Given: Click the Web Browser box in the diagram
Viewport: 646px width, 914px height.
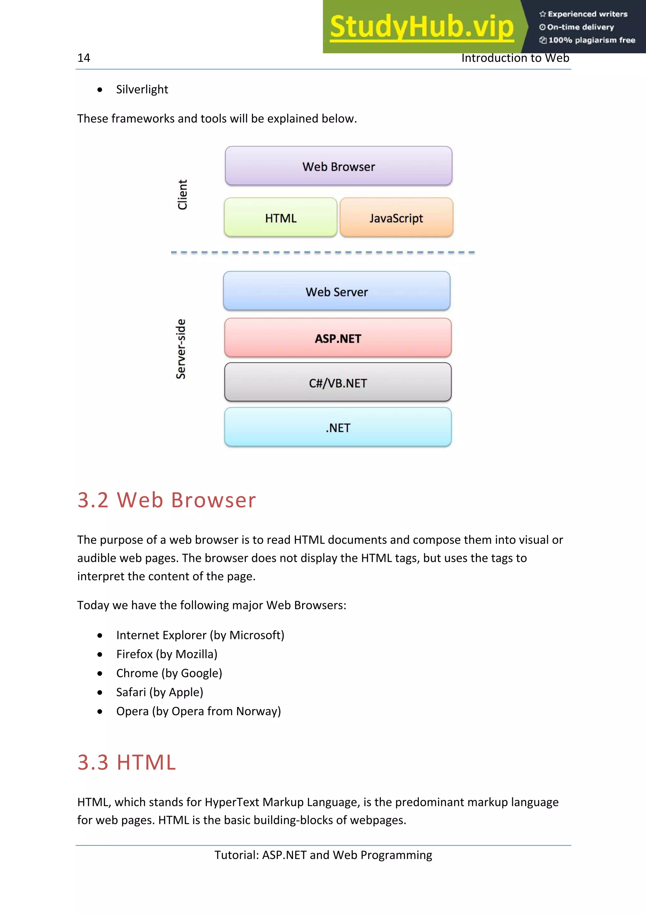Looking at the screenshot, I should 338,166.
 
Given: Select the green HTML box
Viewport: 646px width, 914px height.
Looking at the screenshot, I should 281,218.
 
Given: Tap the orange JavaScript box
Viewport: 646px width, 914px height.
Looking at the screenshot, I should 396,218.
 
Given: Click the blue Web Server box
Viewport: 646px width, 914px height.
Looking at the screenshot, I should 337,291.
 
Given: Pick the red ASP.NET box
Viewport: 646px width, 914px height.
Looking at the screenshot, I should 338,338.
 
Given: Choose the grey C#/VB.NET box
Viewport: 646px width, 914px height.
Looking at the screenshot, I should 338,383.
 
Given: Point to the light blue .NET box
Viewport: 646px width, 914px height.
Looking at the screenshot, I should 338,427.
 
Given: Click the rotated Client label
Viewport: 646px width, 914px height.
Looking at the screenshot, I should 182,194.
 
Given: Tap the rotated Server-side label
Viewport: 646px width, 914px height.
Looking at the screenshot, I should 181,349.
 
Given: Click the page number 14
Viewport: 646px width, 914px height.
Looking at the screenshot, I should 84,58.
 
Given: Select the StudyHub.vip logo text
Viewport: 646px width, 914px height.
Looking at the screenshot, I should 421,27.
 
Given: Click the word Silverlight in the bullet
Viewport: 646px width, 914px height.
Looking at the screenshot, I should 142,90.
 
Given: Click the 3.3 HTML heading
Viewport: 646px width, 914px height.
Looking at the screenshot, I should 126,762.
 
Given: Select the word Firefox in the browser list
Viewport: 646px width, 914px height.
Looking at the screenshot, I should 134,654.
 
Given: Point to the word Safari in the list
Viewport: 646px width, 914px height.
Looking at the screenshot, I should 131,692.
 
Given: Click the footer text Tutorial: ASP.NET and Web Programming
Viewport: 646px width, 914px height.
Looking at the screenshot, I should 323,855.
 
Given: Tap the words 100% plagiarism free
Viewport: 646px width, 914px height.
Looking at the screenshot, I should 591,40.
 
